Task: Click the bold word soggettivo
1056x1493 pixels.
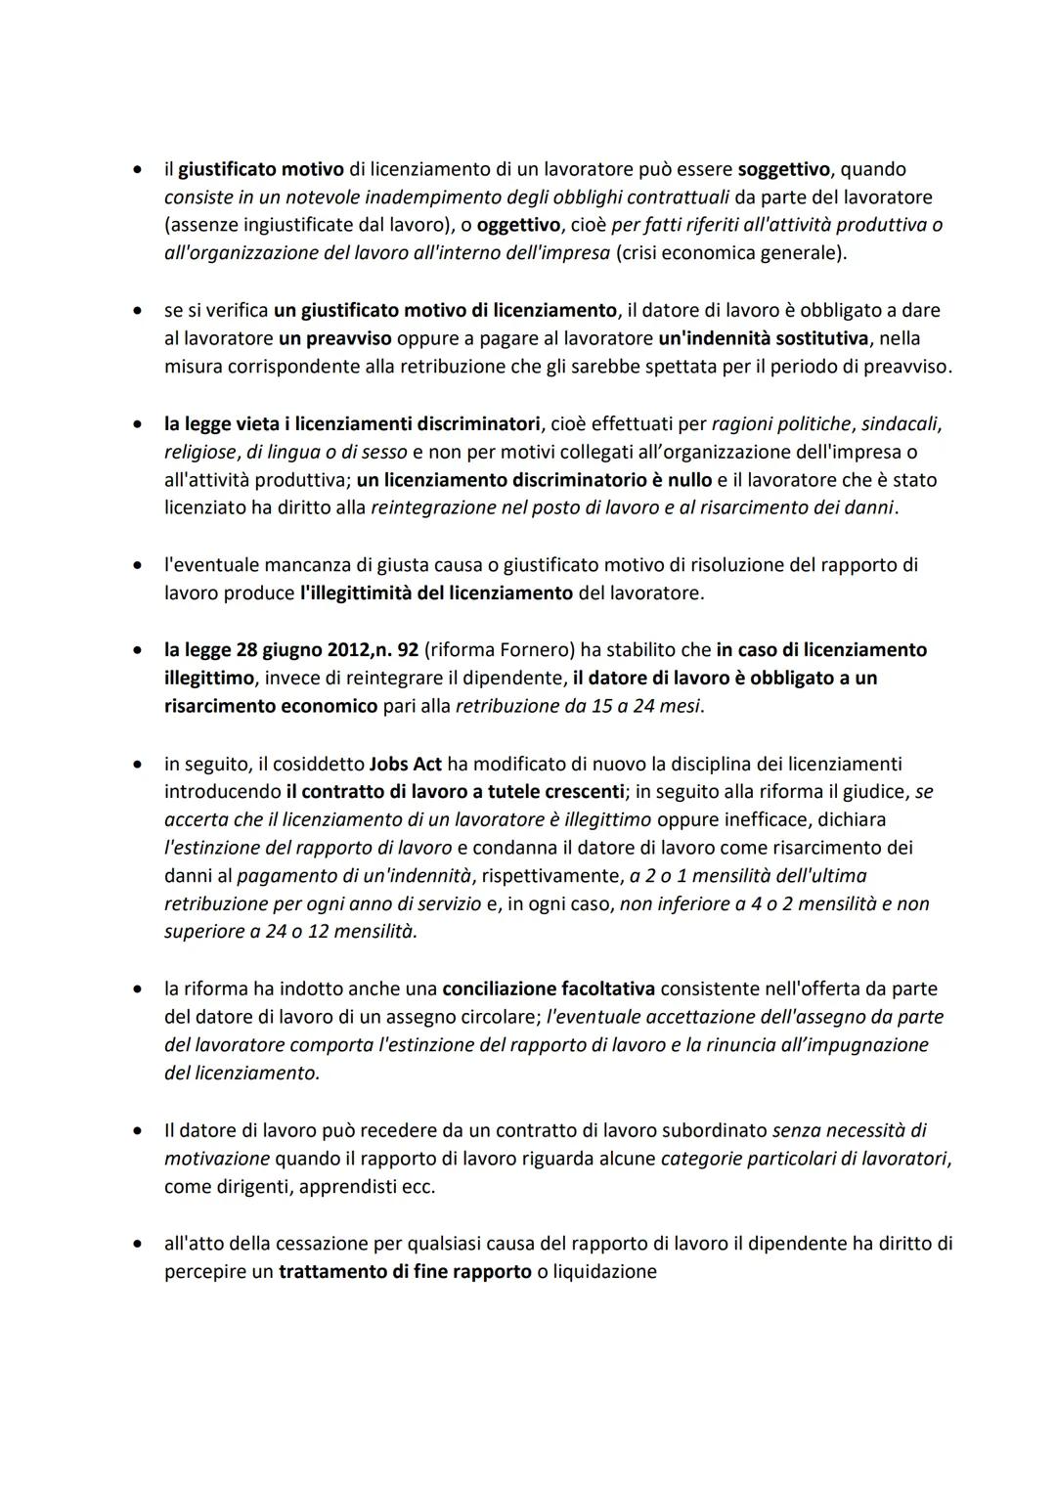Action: click(782, 169)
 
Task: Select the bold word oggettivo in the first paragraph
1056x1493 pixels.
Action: click(517, 225)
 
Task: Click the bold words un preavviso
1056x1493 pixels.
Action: click(334, 338)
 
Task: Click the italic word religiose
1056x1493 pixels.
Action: click(200, 452)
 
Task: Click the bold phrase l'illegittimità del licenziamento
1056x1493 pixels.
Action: click(436, 593)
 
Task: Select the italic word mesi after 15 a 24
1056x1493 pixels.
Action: click(680, 706)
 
